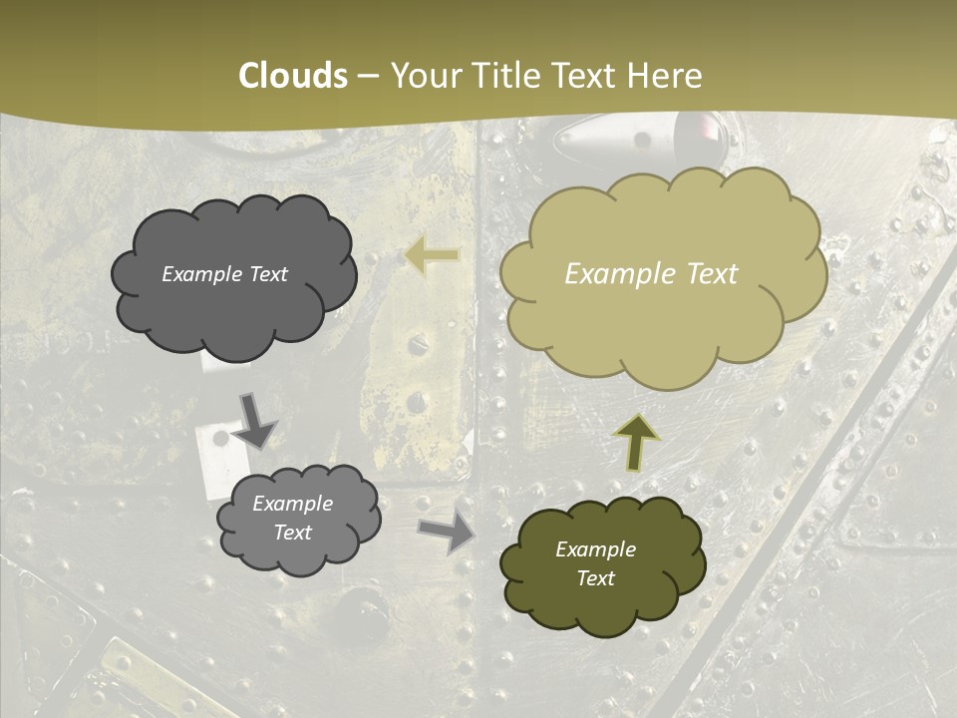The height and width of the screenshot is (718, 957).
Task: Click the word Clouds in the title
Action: coord(294,76)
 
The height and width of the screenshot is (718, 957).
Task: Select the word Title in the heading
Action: coord(499,76)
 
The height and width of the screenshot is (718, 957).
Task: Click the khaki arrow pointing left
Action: coord(432,256)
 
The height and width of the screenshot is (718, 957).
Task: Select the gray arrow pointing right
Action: coord(447,533)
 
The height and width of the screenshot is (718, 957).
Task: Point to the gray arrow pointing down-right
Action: coord(254,422)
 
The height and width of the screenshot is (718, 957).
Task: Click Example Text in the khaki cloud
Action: coord(651,274)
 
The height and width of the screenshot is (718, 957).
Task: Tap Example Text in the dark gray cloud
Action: coord(224,274)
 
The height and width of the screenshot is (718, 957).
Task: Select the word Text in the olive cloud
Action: coord(595,578)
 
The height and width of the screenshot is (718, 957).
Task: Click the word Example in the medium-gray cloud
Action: coord(292,504)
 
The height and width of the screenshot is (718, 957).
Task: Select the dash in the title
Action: coord(368,77)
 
